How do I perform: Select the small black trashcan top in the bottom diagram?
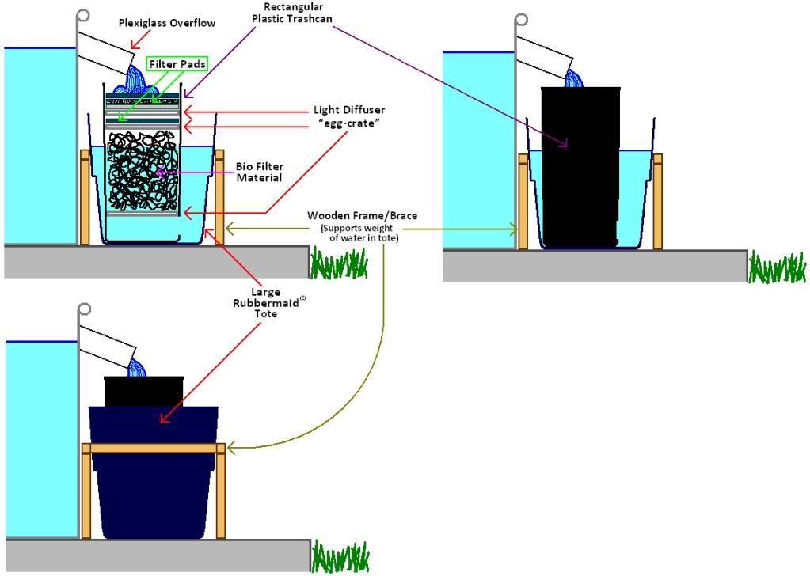[x=143, y=391]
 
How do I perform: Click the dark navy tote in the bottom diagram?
[x=154, y=475]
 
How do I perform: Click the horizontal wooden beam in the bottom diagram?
[x=154, y=448]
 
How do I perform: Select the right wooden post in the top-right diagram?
[x=657, y=202]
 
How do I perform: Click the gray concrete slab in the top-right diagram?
[x=594, y=266]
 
